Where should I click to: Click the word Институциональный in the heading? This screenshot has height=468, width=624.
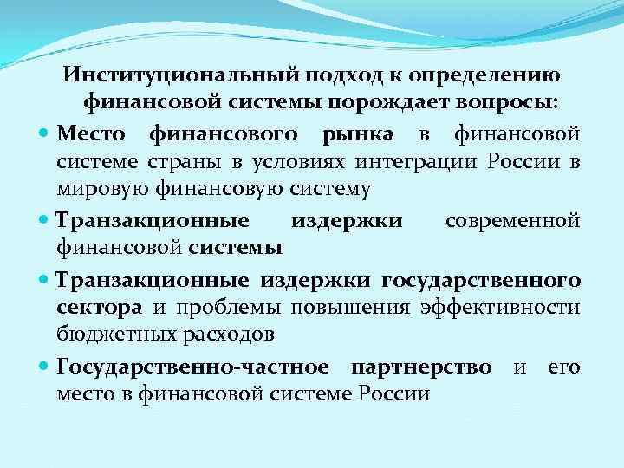170,76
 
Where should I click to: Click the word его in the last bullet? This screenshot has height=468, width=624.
563,367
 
